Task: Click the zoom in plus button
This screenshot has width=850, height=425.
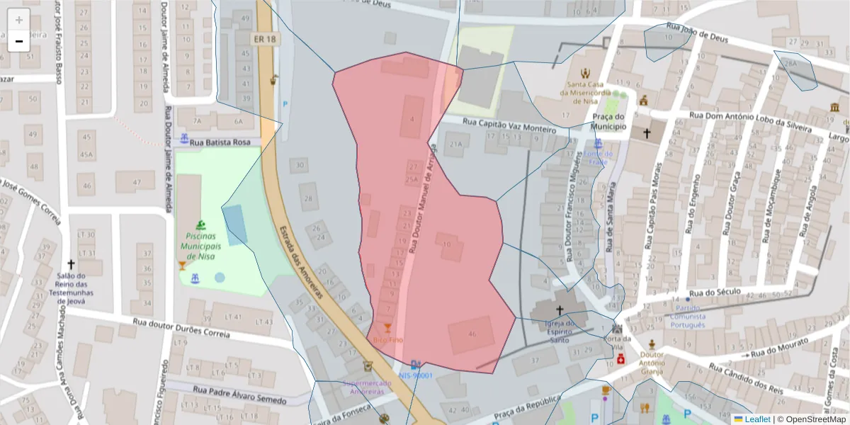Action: [x=19, y=20]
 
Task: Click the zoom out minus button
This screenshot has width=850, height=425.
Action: [x=19, y=41]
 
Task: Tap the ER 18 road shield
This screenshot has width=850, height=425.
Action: [x=263, y=39]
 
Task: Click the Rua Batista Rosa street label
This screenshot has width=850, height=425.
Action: [x=222, y=142]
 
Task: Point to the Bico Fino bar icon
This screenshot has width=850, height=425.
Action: [x=387, y=328]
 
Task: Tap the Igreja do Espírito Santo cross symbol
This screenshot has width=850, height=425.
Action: [x=560, y=310]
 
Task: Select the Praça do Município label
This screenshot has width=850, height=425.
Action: [x=609, y=122]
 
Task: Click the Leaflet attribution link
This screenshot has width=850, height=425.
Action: [x=756, y=419]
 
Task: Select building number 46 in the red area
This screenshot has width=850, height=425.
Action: [x=472, y=334]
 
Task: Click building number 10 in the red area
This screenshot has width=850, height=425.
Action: [x=446, y=244]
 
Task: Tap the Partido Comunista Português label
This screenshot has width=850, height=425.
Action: [x=688, y=317]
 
